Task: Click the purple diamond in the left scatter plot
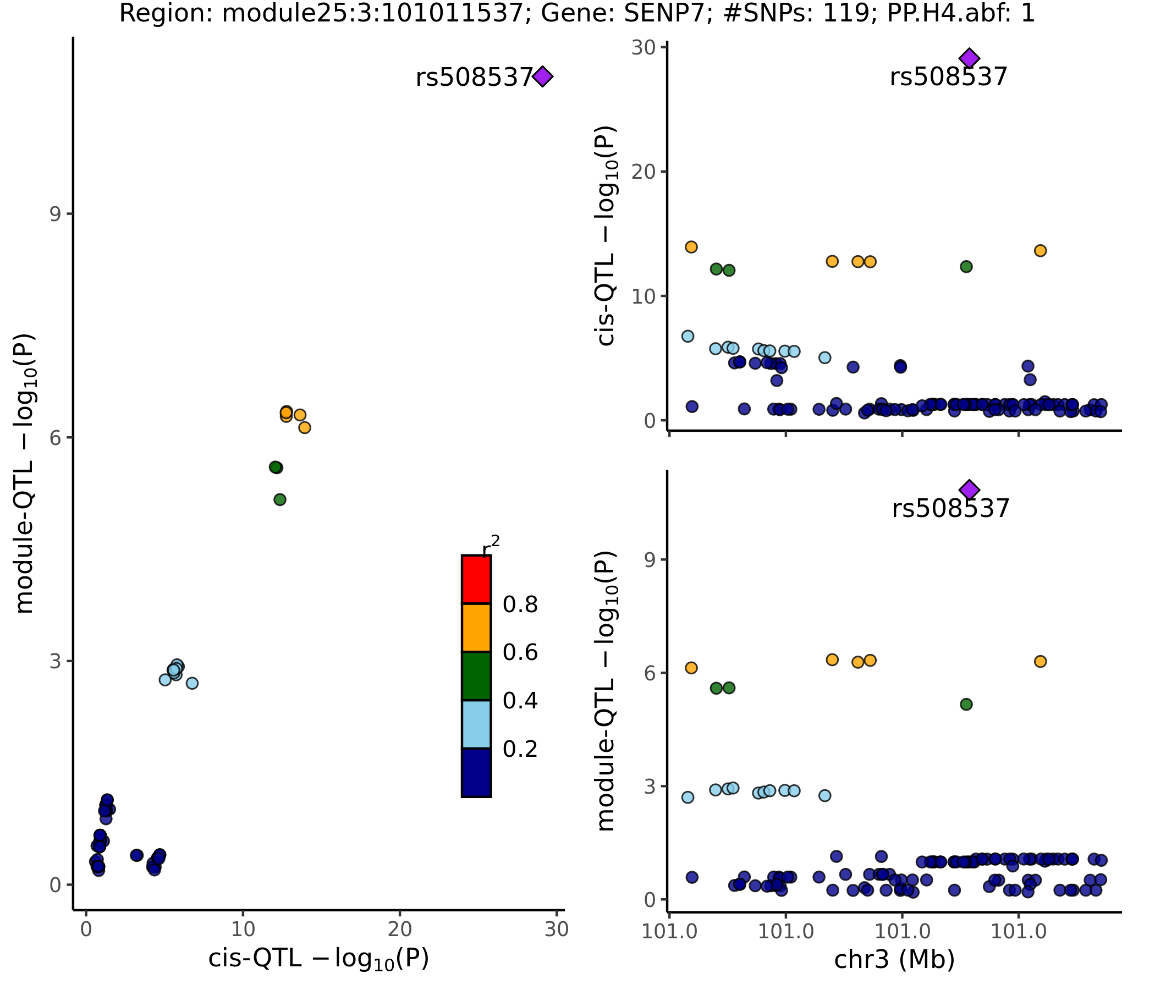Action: click(542, 76)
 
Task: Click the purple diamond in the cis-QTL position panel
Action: click(969, 57)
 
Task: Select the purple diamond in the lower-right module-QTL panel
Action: click(969, 490)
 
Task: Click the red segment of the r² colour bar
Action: click(476, 579)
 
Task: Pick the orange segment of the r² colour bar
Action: click(476, 628)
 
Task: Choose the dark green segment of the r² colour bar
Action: click(476, 675)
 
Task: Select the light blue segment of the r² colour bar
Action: click(476, 724)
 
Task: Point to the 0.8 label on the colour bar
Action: click(520, 605)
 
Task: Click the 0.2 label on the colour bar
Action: click(520, 749)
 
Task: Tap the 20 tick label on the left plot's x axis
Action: click(400, 930)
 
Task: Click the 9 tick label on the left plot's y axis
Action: click(55, 214)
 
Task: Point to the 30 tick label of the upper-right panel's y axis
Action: click(643, 48)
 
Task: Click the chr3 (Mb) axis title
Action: click(894, 959)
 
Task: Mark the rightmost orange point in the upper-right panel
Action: click(1040, 251)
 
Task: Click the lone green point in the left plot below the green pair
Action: click(280, 499)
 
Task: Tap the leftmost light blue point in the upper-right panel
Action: click(688, 336)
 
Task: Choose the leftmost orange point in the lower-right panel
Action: click(691, 668)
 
